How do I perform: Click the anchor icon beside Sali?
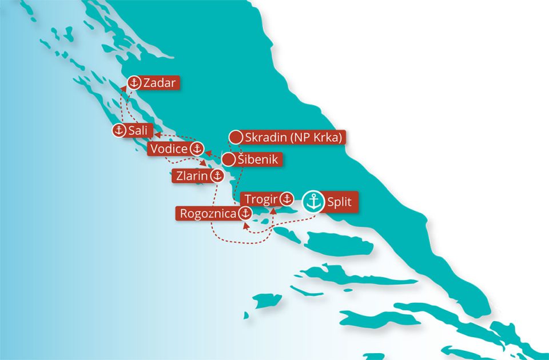(119, 131)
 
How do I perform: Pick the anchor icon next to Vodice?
(197, 149)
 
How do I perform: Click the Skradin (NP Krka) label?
(295, 138)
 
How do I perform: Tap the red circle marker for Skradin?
(235, 138)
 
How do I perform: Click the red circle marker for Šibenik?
(229, 159)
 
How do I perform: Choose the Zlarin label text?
(191, 176)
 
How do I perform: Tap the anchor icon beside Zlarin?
(216, 175)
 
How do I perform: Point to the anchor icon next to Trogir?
(287, 199)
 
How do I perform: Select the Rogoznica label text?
(208, 214)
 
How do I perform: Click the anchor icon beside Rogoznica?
(245, 214)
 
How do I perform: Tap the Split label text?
(339, 201)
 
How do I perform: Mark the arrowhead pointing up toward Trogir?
(273, 210)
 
